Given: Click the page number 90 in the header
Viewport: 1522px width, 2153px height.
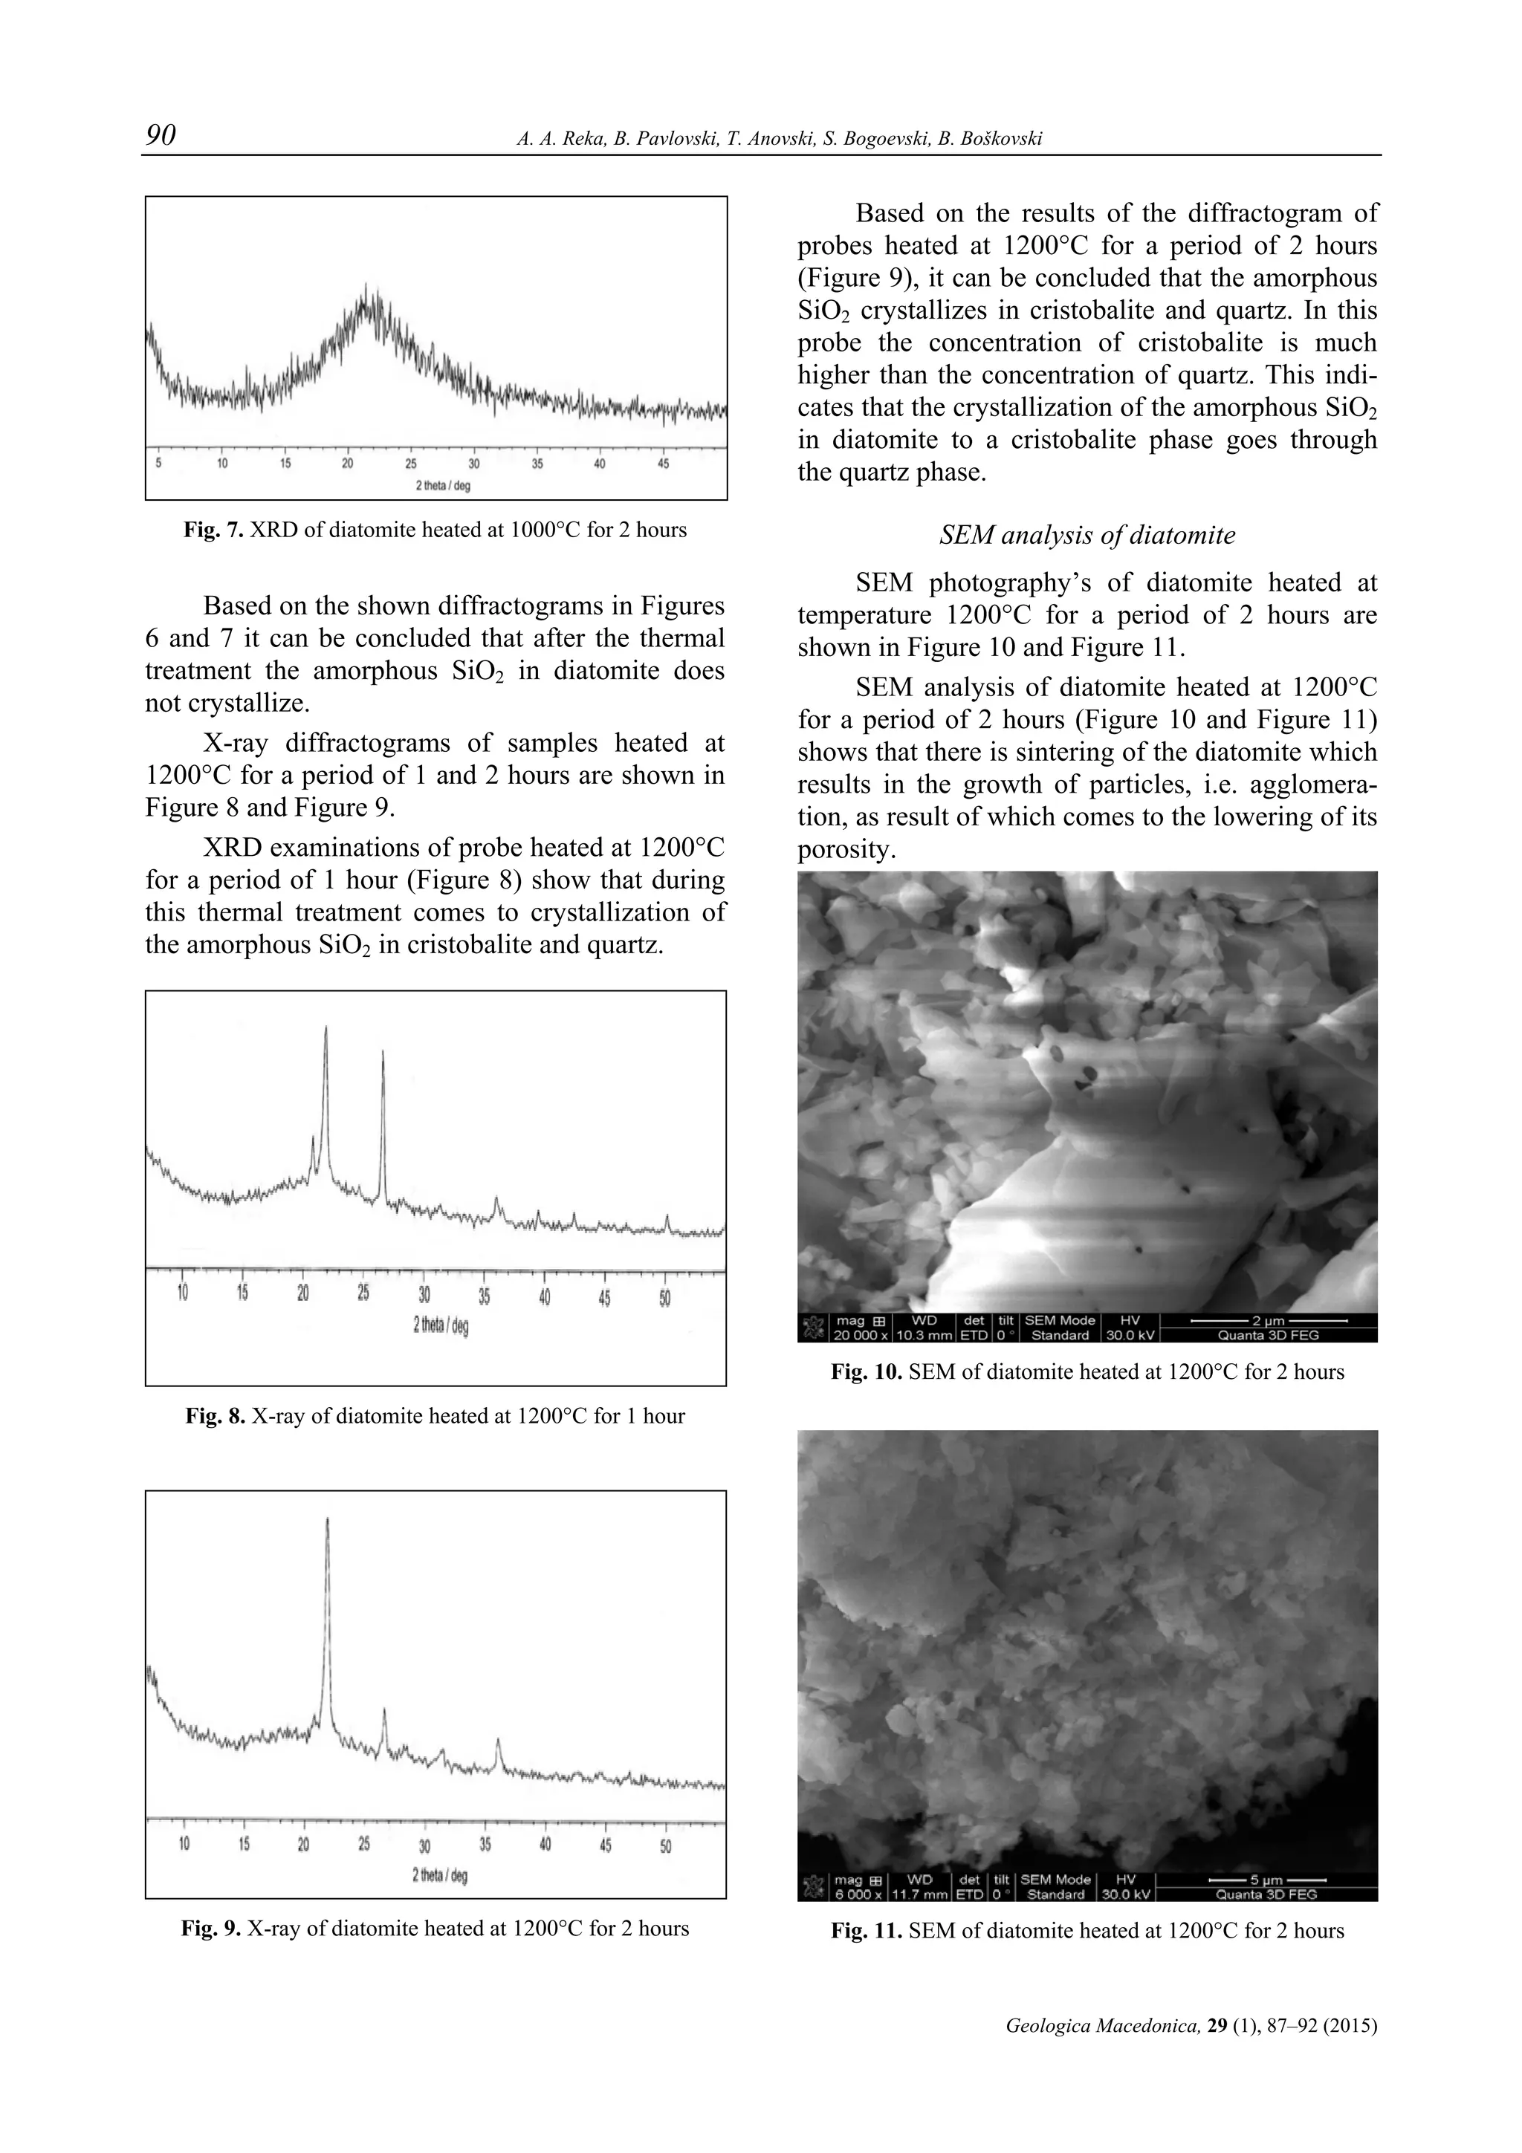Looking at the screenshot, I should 161,136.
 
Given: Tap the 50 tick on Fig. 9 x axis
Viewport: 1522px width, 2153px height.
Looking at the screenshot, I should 665,1845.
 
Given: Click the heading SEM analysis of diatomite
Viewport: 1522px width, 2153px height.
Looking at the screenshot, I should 1087,536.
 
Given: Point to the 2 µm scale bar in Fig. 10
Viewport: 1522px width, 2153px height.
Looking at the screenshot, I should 1268,1320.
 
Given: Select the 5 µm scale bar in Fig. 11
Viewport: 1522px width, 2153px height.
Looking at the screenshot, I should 1268,1880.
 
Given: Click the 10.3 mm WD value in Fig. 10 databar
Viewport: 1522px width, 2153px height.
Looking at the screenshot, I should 924,1335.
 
